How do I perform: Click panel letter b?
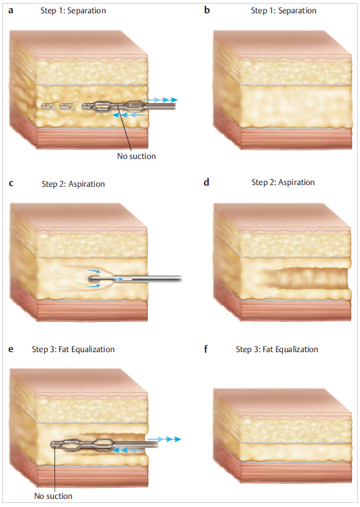click(207, 11)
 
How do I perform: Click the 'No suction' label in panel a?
click(136, 156)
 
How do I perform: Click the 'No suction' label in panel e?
click(53, 496)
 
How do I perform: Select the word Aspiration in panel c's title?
click(85, 184)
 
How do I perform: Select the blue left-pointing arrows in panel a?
click(126, 116)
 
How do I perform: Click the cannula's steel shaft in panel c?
click(151, 279)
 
